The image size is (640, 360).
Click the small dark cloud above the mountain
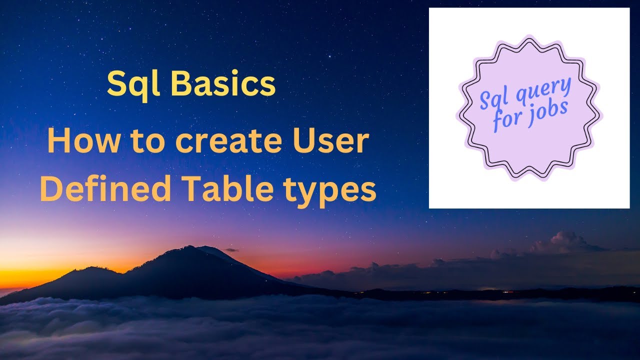pos(231,249)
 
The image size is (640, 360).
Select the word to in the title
pos(148,142)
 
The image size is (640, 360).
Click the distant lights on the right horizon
pos(505,289)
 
